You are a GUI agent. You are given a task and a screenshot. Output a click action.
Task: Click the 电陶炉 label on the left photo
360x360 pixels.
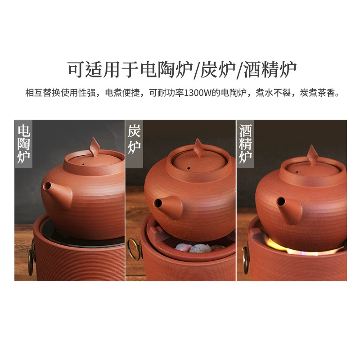(24, 144)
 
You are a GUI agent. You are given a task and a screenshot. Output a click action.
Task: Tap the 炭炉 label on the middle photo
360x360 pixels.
(134, 139)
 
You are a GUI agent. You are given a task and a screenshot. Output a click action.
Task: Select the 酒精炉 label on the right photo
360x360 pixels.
(245, 144)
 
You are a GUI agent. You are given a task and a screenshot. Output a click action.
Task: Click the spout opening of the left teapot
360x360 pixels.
(47, 186)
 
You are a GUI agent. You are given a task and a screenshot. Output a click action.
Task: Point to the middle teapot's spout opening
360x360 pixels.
(158, 203)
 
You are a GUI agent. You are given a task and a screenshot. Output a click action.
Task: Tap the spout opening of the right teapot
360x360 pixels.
(281, 202)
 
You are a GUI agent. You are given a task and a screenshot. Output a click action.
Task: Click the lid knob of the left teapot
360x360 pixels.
(94, 147)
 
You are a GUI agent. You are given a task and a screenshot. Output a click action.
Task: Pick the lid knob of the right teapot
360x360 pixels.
(312, 155)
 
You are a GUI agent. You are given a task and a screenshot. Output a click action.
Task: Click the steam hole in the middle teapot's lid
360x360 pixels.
(189, 168)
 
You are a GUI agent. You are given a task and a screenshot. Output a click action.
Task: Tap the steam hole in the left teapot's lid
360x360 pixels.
(83, 164)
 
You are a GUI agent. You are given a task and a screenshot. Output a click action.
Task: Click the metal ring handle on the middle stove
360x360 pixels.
(133, 249)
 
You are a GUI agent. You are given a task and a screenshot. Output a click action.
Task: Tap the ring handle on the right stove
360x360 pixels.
(246, 257)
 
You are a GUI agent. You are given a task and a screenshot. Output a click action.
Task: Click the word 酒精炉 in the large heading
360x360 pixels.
(270, 70)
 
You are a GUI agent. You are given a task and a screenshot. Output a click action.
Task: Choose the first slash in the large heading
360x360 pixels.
(196, 70)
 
